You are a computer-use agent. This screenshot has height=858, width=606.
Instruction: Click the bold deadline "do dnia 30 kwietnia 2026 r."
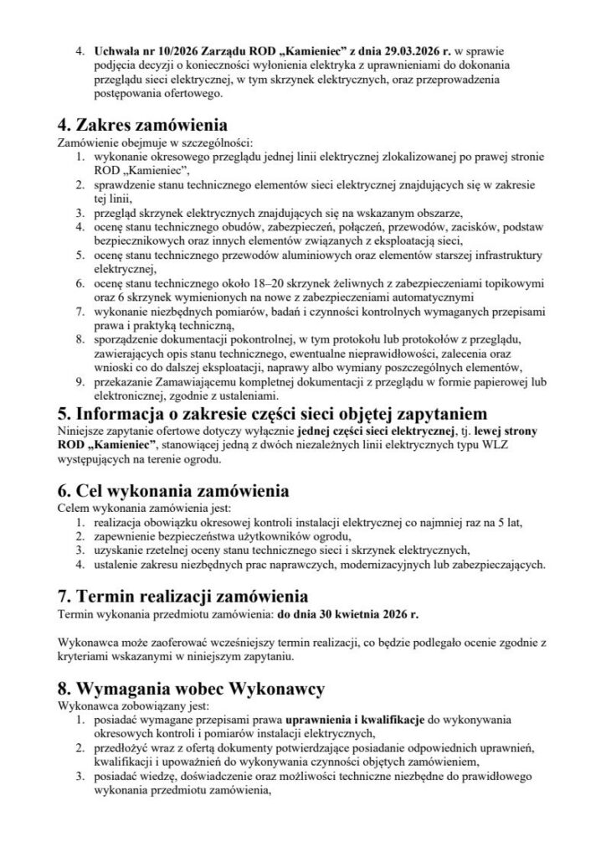click(x=347, y=614)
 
